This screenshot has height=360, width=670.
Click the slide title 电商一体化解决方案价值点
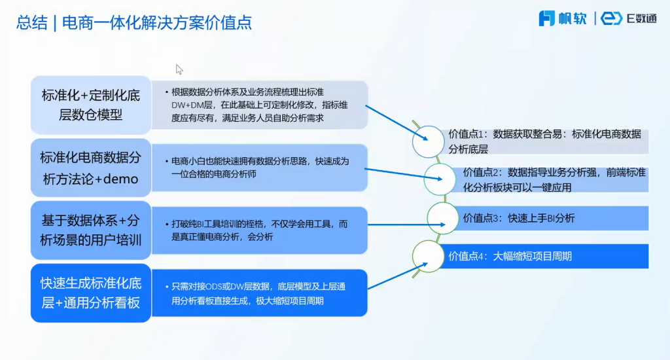tap(156, 23)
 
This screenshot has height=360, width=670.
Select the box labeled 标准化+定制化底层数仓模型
tap(90, 105)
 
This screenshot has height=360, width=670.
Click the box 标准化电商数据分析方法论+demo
tap(90, 168)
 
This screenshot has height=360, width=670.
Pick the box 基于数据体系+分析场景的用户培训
tap(90, 230)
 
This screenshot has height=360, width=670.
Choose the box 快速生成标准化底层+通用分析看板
tap(90, 293)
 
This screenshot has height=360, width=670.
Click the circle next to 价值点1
tap(429, 139)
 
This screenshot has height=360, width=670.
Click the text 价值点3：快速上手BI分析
tap(519, 218)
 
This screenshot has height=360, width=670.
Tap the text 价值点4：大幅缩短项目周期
tap(510, 256)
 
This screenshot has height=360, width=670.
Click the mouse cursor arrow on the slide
tap(179, 69)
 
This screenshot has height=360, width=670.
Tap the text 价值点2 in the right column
tap(482, 173)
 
